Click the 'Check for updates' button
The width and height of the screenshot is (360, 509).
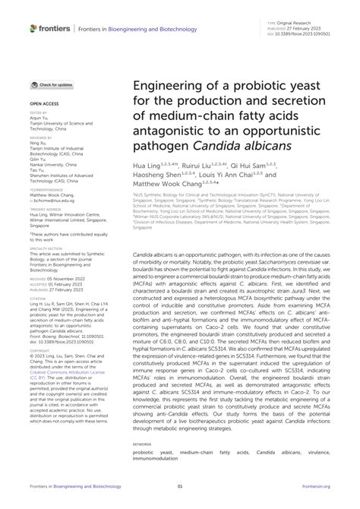52,84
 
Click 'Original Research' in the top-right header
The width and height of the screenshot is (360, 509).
305,24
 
